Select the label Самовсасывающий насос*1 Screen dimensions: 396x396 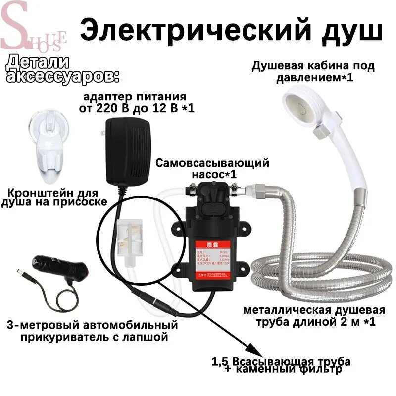click(212, 168)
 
